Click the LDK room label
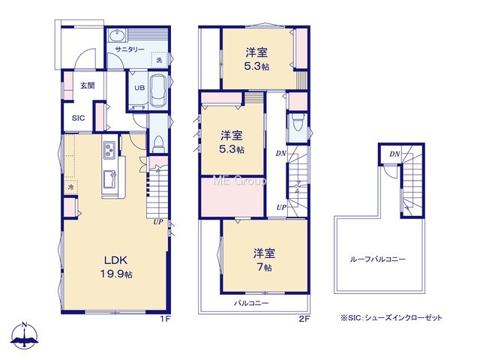point(115,260)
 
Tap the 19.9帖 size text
point(116,274)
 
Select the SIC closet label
point(78,118)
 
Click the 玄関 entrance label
point(88,85)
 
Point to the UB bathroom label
point(139,88)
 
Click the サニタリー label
point(130,49)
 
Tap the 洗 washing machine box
point(159,59)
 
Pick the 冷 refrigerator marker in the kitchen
point(71,187)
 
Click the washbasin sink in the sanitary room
point(117,35)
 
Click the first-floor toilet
point(158,145)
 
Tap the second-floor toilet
point(298,122)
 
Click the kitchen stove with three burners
point(109,150)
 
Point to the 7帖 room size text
point(264,267)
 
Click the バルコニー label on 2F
point(251,303)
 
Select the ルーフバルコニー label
point(378,259)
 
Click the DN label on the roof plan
point(394,154)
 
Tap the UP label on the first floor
point(158,222)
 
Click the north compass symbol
point(25,335)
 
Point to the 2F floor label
point(304,319)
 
